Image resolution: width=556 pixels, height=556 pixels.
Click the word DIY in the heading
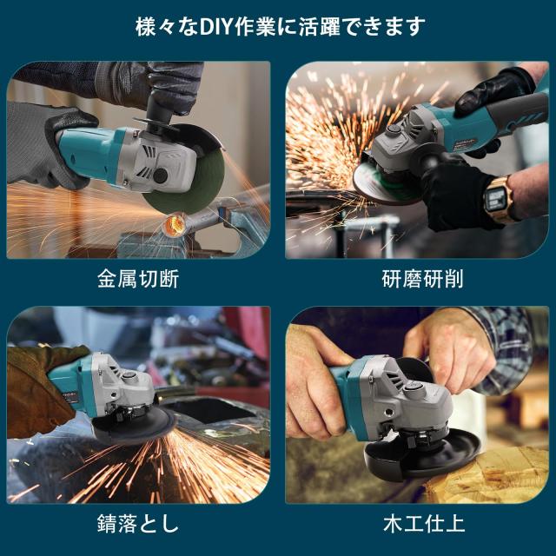(x=234, y=27)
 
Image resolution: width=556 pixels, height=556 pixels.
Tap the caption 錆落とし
(x=139, y=525)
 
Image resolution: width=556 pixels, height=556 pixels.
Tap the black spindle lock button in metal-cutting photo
(x=162, y=175)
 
